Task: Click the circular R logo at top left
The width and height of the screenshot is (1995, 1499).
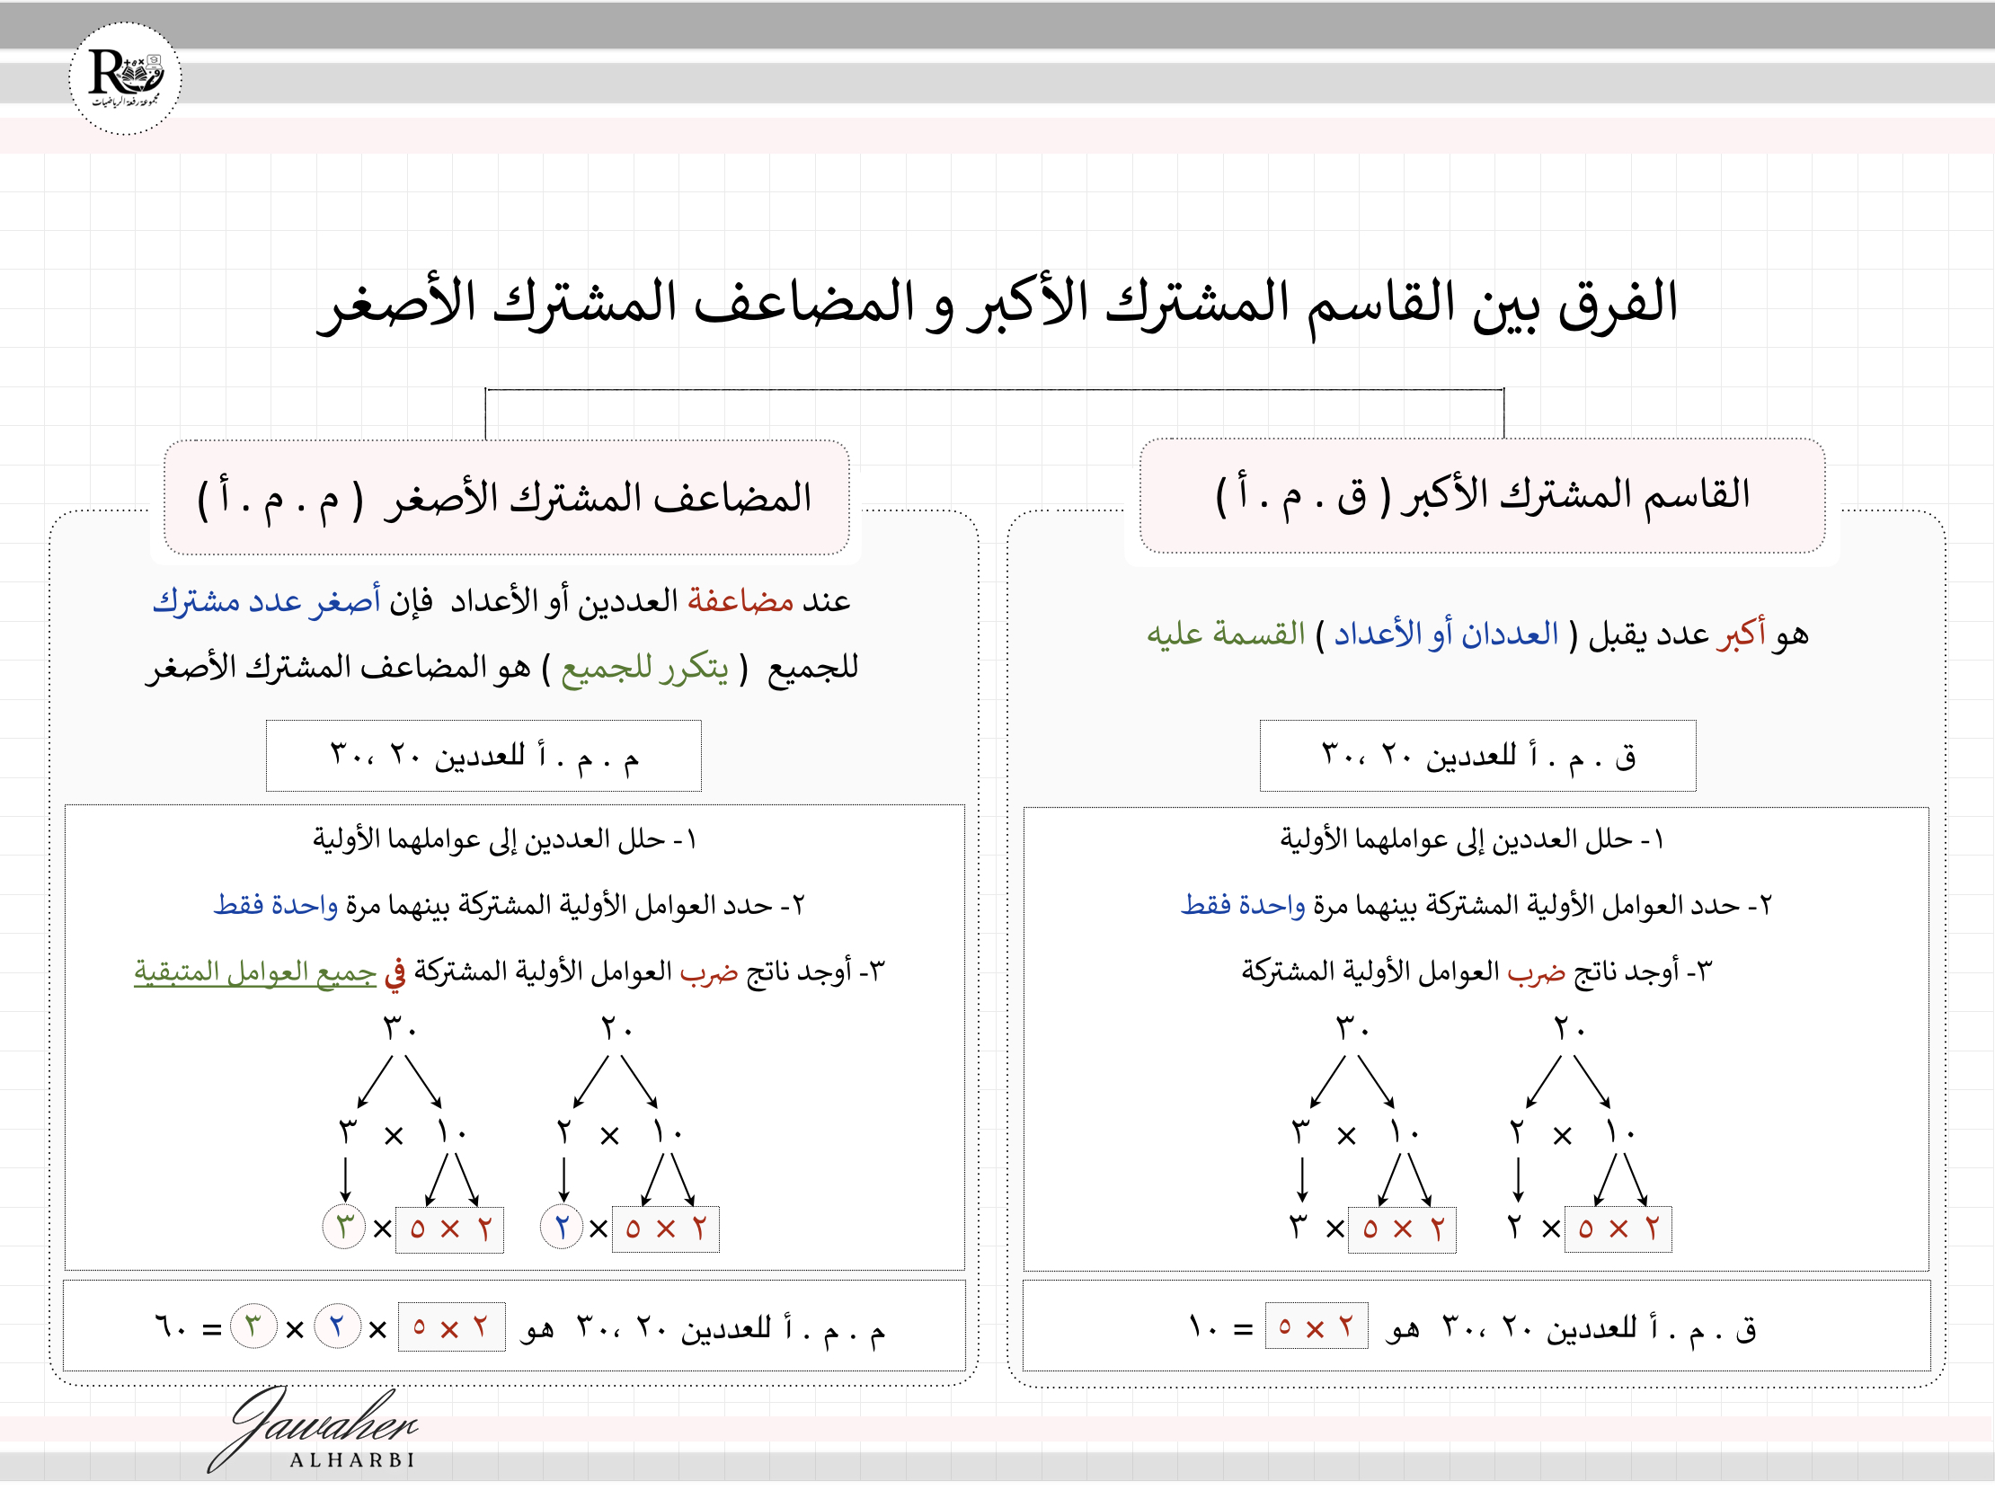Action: click(x=126, y=78)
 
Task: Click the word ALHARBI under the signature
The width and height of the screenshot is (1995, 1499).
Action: click(x=352, y=1460)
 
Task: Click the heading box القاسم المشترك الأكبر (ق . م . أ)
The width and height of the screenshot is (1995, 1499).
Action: click(x=1482, y=496)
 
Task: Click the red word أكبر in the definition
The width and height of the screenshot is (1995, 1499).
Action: click(x=1741, y=634)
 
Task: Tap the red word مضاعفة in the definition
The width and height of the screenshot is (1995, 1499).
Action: click(x=740, y=600)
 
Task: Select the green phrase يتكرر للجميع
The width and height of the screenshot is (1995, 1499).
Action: click(x=644, y=669)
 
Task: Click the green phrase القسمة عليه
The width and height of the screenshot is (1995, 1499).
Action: click(x=1226, y=634)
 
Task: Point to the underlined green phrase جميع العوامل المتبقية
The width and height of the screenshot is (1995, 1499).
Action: click(x=255, y=972)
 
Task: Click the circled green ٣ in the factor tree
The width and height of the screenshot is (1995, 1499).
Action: click(x=343, y=1228)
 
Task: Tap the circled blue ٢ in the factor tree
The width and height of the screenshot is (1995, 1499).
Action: click(x=561, y=1228)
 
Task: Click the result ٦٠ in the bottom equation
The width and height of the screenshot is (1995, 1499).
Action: click(x=171, y=1327)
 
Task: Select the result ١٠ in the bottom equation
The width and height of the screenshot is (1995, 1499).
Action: click(x=1204, y=1327)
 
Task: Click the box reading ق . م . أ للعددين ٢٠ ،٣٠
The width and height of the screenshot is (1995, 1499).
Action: click(x=1477, y=756)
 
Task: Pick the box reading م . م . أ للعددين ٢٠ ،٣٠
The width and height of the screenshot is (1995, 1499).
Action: click(x=483, y=756)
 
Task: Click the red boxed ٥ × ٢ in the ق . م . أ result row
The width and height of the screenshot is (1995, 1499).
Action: click(x=1316, y=1326)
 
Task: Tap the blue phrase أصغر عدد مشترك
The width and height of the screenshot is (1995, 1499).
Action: click(x=266, y=600)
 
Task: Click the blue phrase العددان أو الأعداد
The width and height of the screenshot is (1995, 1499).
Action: click(x=1446, y=634)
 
